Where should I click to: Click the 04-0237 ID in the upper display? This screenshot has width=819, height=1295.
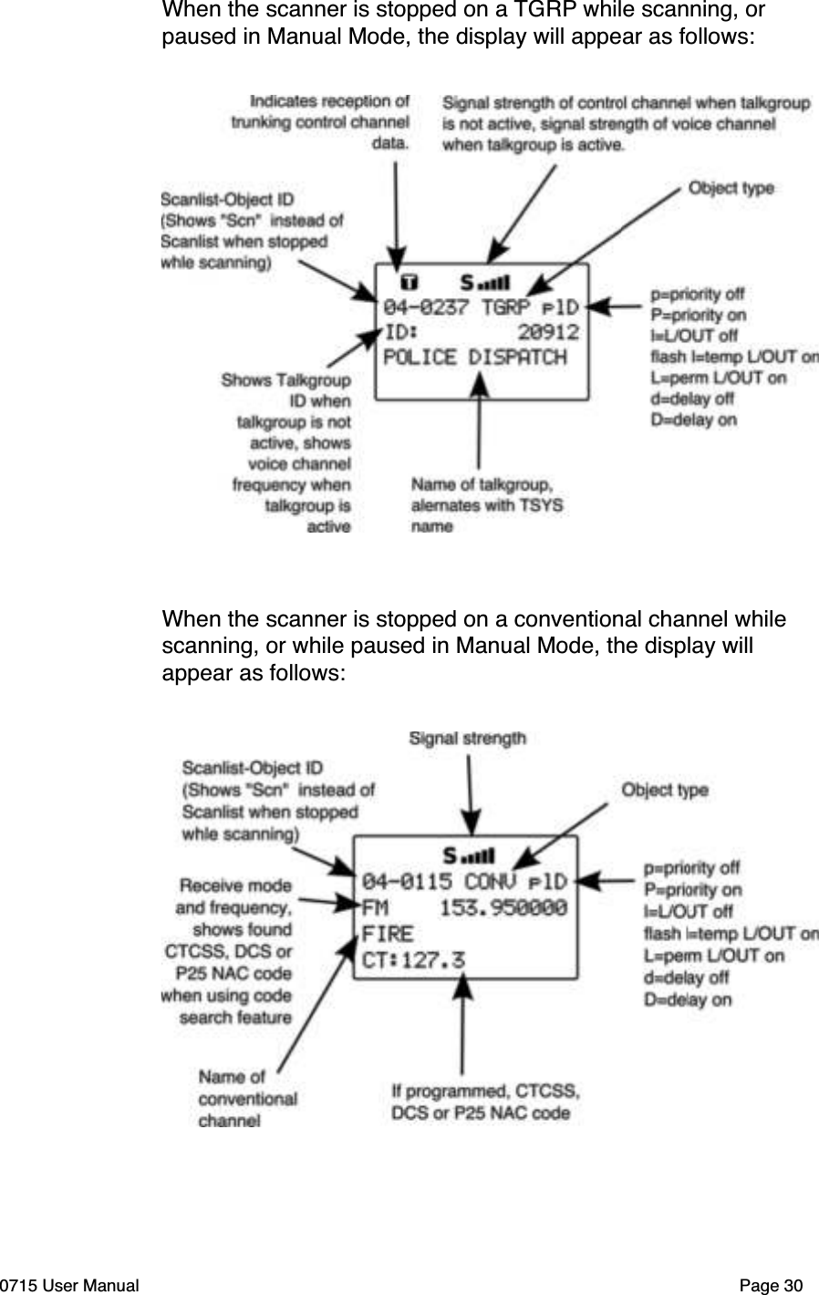point(425,306)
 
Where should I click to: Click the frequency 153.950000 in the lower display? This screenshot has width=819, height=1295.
point(503,908)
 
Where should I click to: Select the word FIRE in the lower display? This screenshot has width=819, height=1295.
point(388,934)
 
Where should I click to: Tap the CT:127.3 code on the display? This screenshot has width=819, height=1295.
point(413,960)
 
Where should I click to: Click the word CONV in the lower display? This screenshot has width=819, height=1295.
point(491,882)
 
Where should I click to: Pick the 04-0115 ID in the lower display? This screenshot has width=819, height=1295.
point(407,882)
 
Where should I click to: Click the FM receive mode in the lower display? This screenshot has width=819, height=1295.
point(375,908)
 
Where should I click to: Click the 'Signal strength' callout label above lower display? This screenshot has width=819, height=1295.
point(467,739)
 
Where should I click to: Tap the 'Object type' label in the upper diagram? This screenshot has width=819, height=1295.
point(731,188)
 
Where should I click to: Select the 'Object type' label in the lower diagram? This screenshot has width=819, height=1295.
point(664,790)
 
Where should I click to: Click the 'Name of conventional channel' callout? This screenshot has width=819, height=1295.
point(247,1099)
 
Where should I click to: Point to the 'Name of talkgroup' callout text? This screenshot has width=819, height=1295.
point(486,505)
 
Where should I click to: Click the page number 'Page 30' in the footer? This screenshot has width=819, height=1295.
point(771,1286)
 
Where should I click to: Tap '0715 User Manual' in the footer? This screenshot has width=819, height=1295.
point(70,1286)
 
